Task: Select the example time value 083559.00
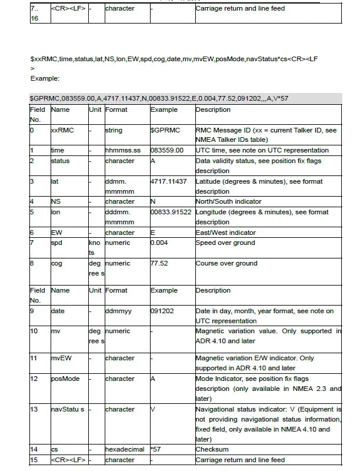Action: (167, 151)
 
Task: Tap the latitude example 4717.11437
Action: (168, 181)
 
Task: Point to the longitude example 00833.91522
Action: (171, 212)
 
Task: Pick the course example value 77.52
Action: (160, 263)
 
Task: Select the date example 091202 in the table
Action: (162, 311)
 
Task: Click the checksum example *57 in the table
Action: (156, 449)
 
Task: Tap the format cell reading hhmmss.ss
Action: (123, 151)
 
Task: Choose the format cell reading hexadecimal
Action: (124, 449)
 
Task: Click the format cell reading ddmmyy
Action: (119, 311)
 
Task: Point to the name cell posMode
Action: (64, 379)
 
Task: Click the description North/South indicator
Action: (228, 201)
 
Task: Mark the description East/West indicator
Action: (225, 233)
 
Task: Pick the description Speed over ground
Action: (225, 243)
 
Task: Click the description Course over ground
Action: (226, 263)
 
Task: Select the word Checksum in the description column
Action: (212, 449)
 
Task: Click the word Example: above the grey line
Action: (45, 78)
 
